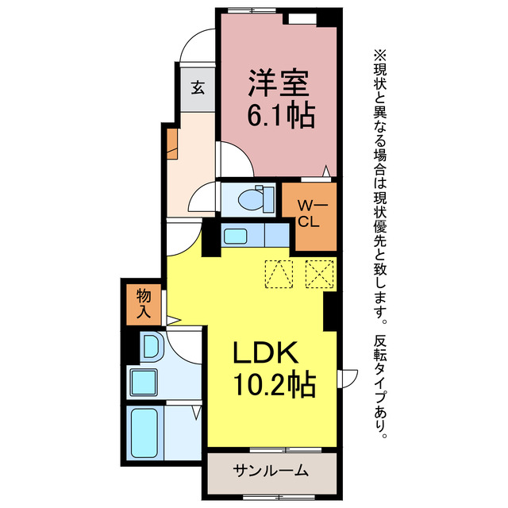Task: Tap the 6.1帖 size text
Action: [x=279, y=116]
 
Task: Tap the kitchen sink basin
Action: [x=236, y=236]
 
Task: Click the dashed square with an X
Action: [x=319, y=276]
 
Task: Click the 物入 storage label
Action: [x=144, y=304]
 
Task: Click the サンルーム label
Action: [x=271, y=471]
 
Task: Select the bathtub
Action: [x=144, y=432]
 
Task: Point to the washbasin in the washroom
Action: [x=150, y=346]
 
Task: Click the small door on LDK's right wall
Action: [x=344, y=379]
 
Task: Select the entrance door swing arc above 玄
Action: [x=198, y=46]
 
